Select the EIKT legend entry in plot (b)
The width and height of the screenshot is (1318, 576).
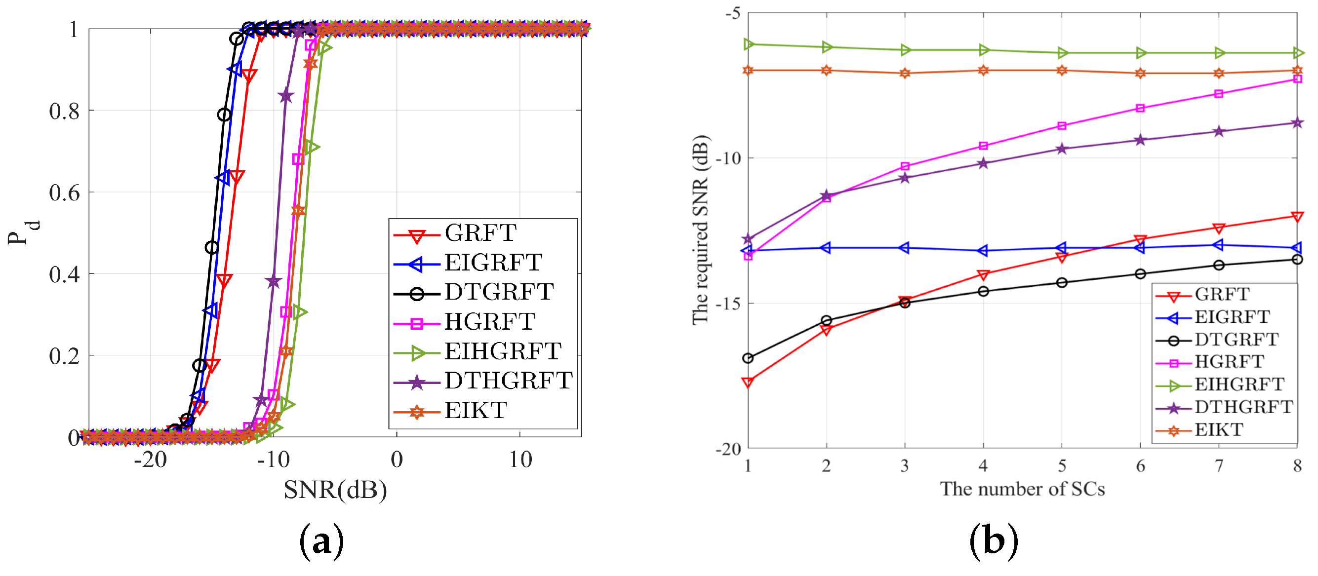pos(1218,430)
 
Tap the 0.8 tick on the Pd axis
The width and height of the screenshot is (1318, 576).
pos(65,111)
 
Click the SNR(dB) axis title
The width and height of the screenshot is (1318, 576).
pos(335,490)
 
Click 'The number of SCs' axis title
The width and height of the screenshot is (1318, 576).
pos(1022,489)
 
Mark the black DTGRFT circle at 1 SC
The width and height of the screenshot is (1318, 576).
pos(748,358)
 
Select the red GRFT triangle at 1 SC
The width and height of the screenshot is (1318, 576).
pos(748,382)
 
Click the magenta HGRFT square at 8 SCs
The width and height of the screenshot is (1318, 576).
pos(1297,79)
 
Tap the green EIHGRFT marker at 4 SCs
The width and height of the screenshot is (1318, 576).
pos(983,50)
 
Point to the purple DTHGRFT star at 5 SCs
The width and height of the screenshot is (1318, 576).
pos(1062,149)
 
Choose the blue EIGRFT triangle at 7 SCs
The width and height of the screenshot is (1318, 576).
pos(1219,245)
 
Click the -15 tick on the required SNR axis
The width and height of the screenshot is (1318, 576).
pos(727,304)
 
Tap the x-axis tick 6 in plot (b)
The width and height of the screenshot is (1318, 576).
pos(1140,465)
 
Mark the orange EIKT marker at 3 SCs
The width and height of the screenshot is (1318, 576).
pos(905,73)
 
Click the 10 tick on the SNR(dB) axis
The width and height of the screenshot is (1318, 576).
pos(520,460)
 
